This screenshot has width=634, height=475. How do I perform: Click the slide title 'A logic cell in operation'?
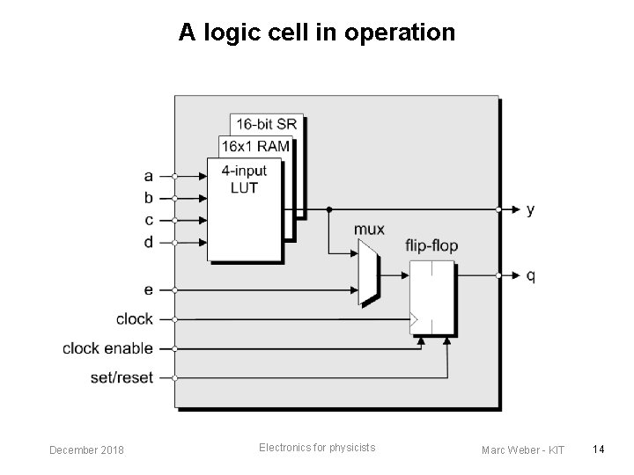[x=317, y=33]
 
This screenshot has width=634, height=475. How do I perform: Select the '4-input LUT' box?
[x=243, y=209]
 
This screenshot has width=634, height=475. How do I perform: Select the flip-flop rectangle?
[x=432, y=296]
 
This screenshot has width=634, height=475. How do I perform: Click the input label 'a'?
[x=148, y=176]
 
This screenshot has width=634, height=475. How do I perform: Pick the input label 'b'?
[x=148, y=198]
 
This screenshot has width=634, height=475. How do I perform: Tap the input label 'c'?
[x=148, y=220]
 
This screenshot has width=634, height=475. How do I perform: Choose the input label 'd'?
[x=148, y=242]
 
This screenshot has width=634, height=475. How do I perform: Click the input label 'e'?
[x=148, y=289]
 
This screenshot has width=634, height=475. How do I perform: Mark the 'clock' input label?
[x=134, y=318]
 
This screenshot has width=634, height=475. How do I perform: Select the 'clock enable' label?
[x=107, y=348]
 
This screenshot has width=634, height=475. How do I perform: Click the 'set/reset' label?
[x=122, y=378]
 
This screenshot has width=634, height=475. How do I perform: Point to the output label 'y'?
[x=530, y=210]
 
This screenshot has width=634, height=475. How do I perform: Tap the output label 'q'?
[x=530, y=275]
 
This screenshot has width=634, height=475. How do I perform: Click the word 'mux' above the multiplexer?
[x=369, y=230]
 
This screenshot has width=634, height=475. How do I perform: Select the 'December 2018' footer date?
[x=86, y=450]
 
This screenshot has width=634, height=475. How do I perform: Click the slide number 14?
[x=598, y=450]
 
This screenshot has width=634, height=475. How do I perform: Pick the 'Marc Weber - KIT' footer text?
[x=523, y=450]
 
